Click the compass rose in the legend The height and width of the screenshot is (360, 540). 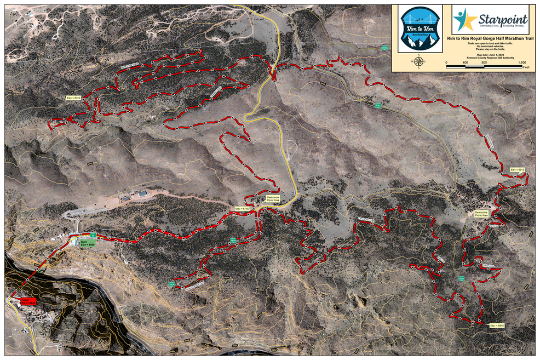click(x=419, y=61)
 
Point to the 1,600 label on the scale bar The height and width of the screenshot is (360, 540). click(x=521, y=63)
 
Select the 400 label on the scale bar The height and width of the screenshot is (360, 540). click(x=465, y=63)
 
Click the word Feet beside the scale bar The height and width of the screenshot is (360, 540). click(x=526, y=68)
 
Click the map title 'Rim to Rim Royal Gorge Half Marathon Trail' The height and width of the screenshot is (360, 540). click(x=489, y=38)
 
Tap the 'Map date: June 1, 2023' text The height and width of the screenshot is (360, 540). click(x=489, y=55)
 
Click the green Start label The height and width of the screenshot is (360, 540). click(x=88, y=243)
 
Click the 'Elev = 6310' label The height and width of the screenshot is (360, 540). click(x=73, y=98)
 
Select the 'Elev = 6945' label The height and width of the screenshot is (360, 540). click(x=497, y=325)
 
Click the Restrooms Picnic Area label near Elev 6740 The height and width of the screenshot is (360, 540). click(x=273, y=199)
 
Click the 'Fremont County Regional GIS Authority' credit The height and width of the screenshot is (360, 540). click(x=489, y=59)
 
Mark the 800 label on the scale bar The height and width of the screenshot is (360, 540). click(x=484, y=63)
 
